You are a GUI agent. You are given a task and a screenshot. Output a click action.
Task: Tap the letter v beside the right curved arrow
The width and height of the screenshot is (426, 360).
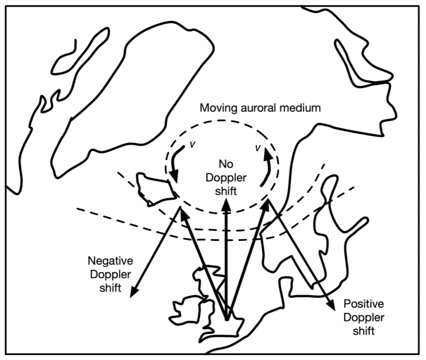258,148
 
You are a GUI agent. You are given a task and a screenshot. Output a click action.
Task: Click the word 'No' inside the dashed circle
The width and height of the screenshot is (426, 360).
225,163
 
